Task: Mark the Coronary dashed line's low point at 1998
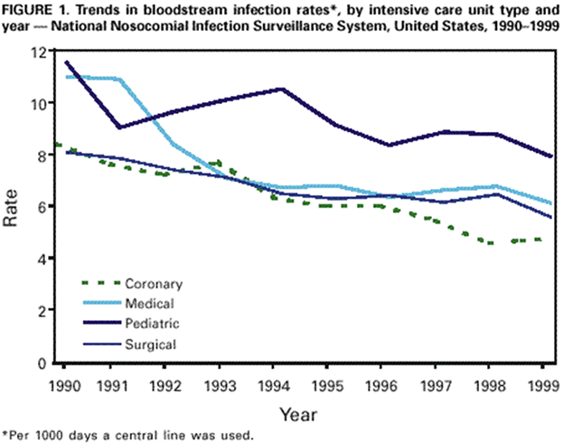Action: pos(490,243)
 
